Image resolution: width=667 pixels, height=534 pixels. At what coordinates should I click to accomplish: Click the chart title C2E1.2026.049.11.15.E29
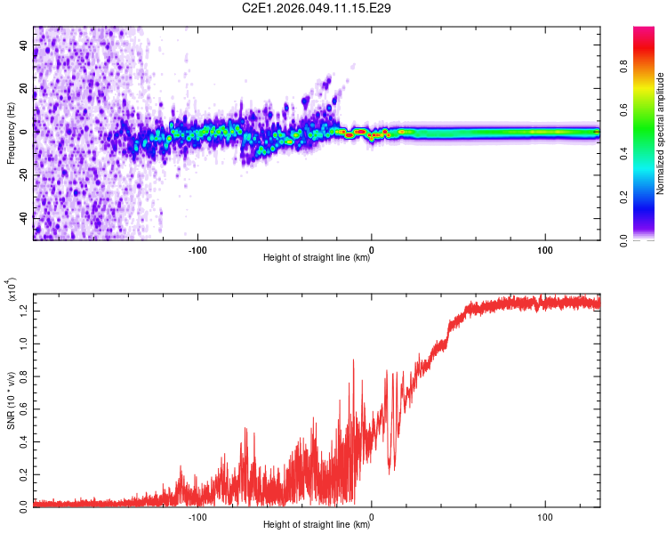coord(317,8)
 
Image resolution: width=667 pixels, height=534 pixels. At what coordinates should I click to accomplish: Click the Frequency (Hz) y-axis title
coord(11,133)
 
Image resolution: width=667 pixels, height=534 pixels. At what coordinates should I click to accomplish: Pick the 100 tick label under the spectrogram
coord(544,248)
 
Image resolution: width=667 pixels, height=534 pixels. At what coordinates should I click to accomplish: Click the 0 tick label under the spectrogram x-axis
coord(372,248)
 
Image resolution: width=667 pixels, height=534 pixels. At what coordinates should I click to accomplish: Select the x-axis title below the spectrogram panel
coord(317,259)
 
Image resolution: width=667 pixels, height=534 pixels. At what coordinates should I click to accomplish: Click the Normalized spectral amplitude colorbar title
coord(661,133)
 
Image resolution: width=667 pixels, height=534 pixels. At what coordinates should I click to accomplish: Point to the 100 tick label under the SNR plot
coord(544,515)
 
